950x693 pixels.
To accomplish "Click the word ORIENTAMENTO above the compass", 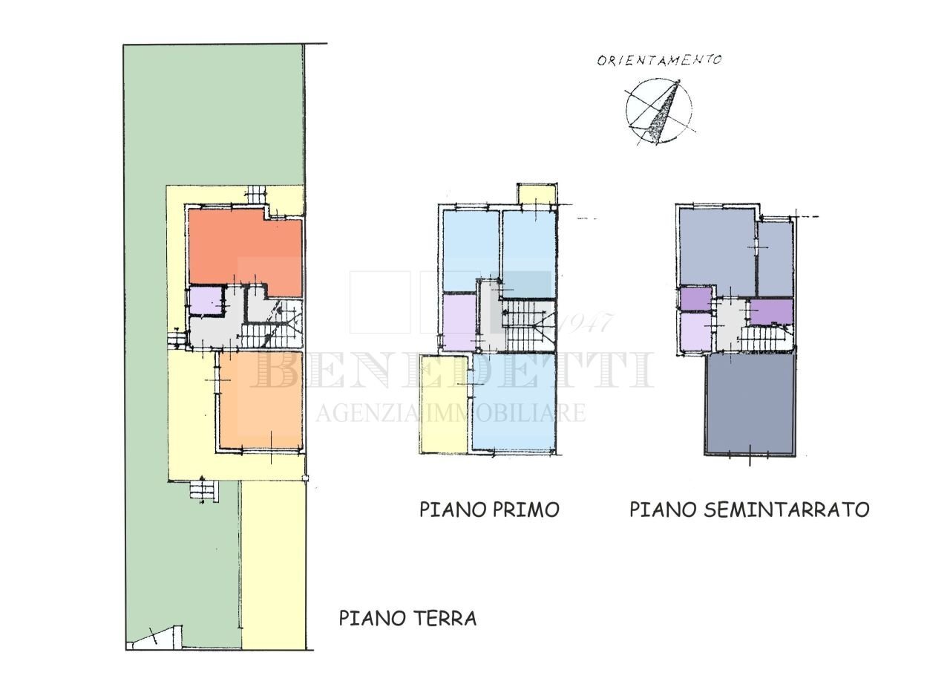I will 659,60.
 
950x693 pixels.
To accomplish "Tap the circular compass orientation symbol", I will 659,111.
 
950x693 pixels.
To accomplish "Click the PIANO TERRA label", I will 407,618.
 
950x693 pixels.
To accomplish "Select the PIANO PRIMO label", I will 489,510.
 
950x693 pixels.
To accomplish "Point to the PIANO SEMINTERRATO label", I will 749,510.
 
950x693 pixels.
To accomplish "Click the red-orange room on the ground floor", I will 245,249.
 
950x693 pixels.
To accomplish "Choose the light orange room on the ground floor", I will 260,401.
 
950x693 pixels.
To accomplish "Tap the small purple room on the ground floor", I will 205,301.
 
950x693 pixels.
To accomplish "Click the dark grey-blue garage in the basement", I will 750,405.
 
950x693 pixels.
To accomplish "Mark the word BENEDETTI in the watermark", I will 453,370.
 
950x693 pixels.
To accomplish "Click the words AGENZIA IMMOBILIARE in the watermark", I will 451,413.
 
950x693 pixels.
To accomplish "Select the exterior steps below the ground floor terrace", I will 203,491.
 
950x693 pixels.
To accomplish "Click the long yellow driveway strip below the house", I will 274,565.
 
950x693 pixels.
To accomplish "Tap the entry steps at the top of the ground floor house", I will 256,194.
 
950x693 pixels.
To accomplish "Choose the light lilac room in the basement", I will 695,332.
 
